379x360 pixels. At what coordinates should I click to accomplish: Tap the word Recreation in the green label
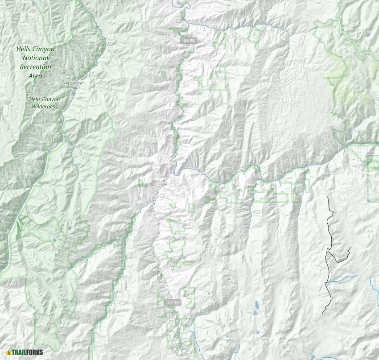pyautogui.click(x=35, y=67)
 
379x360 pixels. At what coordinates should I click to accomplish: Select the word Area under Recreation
pyautogui.click(x=35, y=76)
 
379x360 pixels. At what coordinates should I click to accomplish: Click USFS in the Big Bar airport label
pyautogui.click(x=78, y=83)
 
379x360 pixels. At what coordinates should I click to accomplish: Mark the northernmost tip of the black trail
pyautogui.click(x=328, y=197)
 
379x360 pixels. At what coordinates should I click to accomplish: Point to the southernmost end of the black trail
pyautogui.click(x=323, y=313)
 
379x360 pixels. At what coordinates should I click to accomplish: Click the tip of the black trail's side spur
pyautogui.click(x=351, y=248)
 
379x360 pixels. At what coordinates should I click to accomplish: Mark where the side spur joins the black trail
pyautogui.click(x=328, y=252)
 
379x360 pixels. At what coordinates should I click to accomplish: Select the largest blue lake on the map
pyautogui.click(x=256, y=306)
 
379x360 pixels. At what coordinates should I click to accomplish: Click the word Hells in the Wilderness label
pyautogui.click(x=35, y=99)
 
